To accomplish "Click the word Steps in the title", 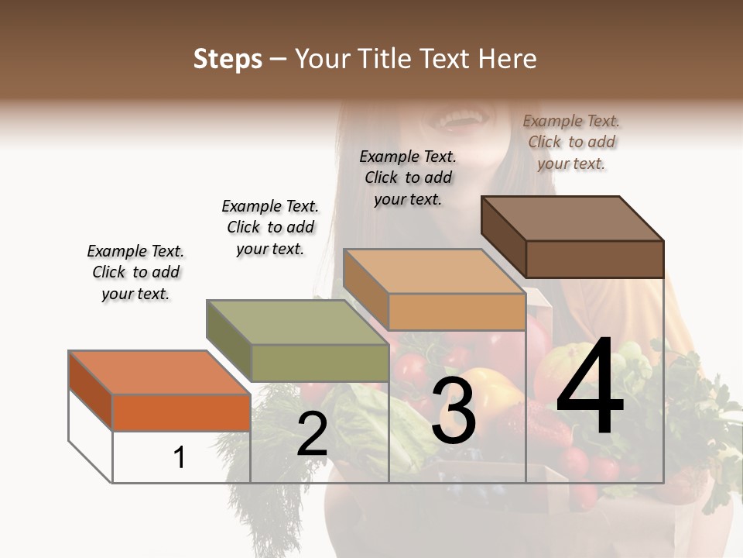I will tap(228, 59).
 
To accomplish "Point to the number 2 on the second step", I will tap(312, 435).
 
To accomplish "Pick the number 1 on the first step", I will tap(180, 458).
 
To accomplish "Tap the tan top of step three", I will tap(433, 271).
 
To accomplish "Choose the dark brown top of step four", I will tap(572, 218).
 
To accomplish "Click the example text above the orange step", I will tap(135, 272).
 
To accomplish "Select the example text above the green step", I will tap(270, 227).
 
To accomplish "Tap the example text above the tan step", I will tap(408, 177).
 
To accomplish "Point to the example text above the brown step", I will tap(571, 142).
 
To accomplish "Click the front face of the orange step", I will tap(181, 412).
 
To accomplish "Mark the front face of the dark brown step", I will tap(594, 258).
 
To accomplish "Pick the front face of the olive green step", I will tap(320, 363).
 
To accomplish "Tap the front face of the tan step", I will tap(457, 312).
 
